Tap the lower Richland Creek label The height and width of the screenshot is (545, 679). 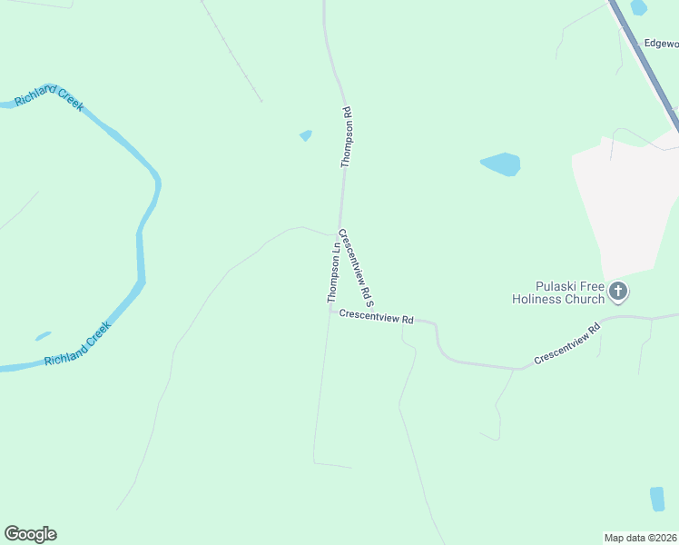pos(78,344)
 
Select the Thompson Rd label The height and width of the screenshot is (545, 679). pos(346,137)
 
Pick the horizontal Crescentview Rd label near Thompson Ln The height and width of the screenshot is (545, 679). pos(377,317)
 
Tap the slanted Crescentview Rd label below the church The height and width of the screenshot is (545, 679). pos(567,345)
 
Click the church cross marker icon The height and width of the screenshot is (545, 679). pos(618,292)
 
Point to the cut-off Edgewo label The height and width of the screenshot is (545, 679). pos(660,43)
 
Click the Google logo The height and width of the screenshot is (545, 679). pos(30,534)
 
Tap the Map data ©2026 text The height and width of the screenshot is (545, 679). pos(640,537)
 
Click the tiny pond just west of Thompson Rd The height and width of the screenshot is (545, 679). pos(306,136)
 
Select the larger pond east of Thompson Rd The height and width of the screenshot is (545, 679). pos(501,164)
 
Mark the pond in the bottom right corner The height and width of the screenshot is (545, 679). pos(657,499)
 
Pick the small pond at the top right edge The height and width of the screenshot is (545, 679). pos(639,7)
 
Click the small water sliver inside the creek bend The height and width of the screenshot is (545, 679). pos(43,336)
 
